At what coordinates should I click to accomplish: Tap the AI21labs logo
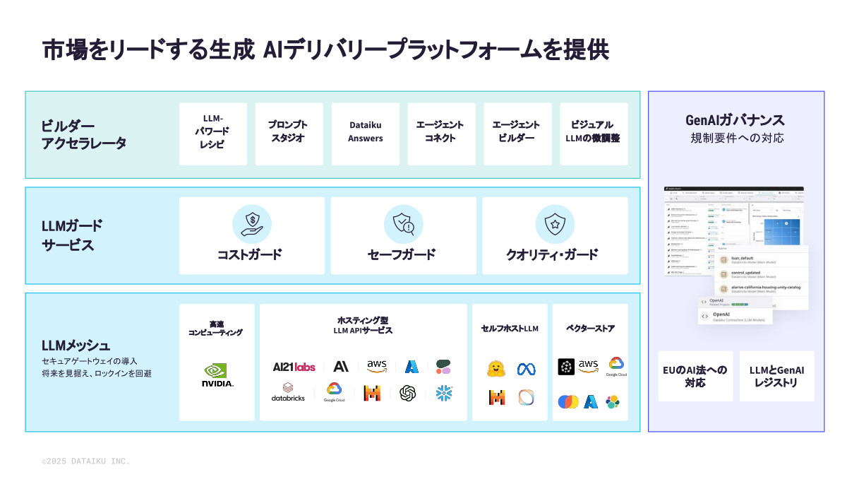[294, 367]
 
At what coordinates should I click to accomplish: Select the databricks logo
[288, 392]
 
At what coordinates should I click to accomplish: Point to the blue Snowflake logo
[444, 392]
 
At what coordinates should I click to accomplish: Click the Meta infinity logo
[526, 369]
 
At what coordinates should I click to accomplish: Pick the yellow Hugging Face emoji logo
[496, 369]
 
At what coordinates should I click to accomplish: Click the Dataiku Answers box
[365, 134]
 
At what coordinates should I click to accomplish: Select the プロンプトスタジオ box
[289, 134]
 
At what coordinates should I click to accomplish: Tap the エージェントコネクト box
[441, 134]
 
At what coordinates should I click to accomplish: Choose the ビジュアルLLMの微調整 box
[594, 134]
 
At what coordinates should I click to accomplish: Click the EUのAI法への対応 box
[695, 376]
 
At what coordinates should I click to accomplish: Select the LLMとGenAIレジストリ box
[776, 376]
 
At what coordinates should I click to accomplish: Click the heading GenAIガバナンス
[735, 120]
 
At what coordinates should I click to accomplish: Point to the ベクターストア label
[590, 329]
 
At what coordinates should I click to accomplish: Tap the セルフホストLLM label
[510, 329]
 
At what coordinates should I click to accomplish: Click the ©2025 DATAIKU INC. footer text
[85, 461]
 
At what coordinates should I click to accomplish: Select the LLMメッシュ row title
[76, 346]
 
